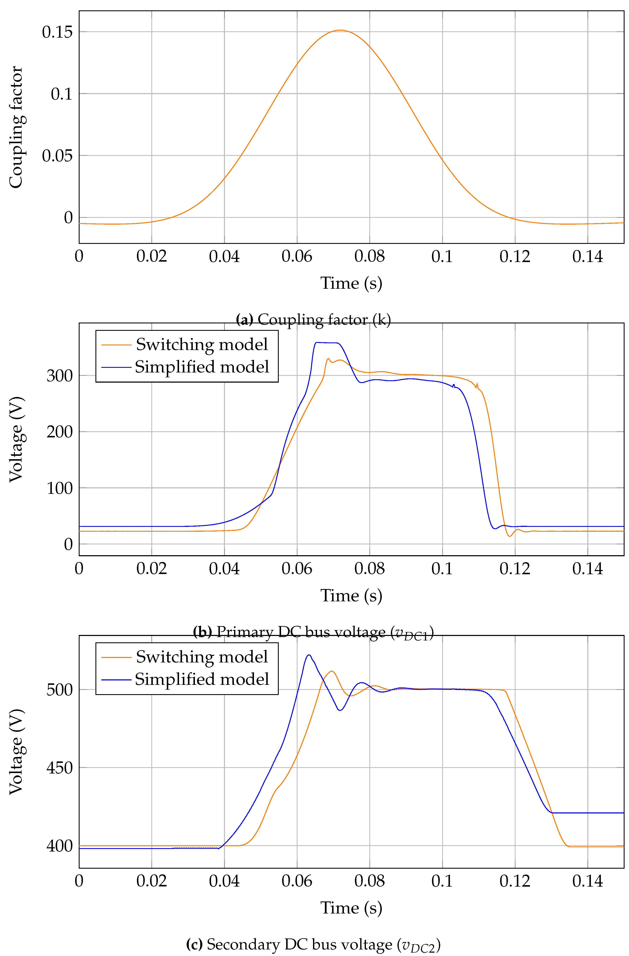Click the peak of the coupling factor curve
(x=340, y=30)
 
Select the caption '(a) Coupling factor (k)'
(x=313, y=320)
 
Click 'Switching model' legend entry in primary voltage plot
(x=201, y=345)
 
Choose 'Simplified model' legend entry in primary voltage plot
(x=201, y=367)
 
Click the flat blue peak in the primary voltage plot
(x=326, y=343)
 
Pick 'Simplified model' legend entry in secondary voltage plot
(x=201, y=679)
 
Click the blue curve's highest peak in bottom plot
(x=309, y=655)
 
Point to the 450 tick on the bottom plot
(x=59, y=768)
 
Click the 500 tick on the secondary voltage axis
(x=59, y=690)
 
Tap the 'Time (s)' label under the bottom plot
(x=351, y=908)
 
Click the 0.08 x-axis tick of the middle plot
(x=369, y=569)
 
